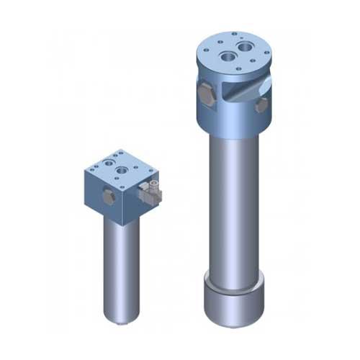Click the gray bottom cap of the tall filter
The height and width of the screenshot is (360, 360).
coord(235,300)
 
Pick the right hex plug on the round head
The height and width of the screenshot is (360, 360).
coord(261,105)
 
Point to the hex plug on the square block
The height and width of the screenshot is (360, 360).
coord(108,196)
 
